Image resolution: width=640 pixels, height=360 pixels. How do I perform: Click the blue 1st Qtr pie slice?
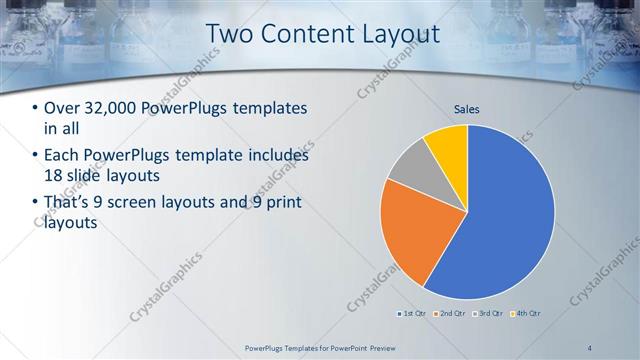tap(505, 220)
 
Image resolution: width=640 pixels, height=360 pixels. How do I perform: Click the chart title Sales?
tap(467, 108)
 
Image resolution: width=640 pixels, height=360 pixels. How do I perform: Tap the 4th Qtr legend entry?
tap(528, 314)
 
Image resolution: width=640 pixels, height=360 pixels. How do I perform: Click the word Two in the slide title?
tap(228, 34)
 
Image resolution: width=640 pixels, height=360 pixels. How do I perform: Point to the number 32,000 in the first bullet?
tap(112, 108)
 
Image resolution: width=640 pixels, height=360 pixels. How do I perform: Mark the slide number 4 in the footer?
tap(591, 347)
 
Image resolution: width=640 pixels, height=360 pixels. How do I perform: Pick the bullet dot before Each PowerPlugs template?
tap(36, 156)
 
